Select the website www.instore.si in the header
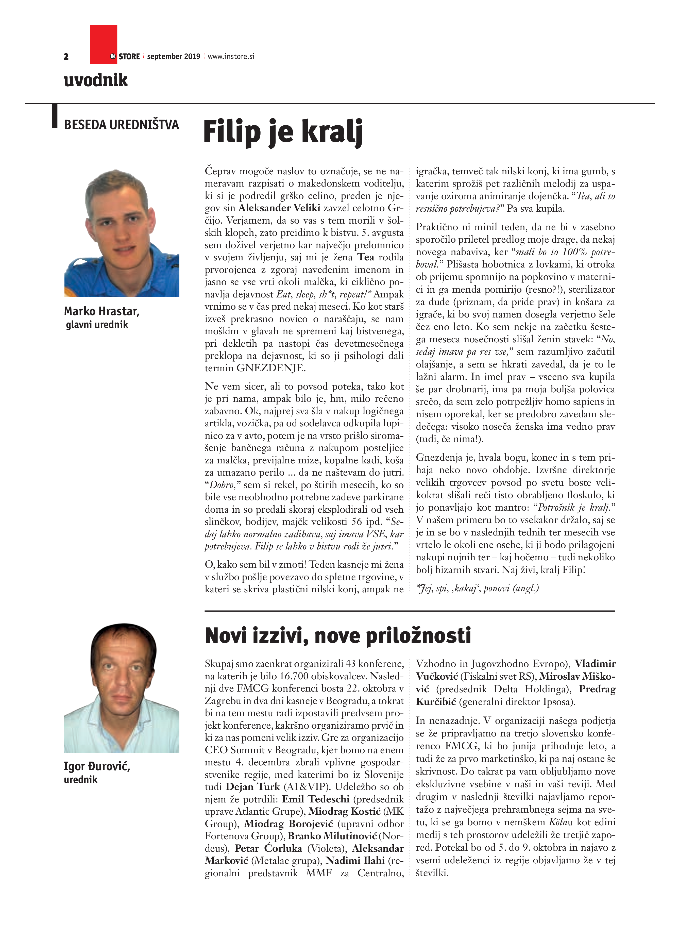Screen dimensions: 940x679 coord(231,56)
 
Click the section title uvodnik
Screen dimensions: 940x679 coord(96,80)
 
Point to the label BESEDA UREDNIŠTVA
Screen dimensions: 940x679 coord(121,125)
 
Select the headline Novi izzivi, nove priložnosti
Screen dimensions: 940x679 coord(338,636)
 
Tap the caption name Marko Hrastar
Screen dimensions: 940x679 coord(101,311)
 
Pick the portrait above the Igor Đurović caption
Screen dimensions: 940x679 coord(121,688)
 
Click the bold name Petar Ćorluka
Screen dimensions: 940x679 coord(268,848)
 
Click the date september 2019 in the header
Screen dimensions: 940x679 coord(174,56)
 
